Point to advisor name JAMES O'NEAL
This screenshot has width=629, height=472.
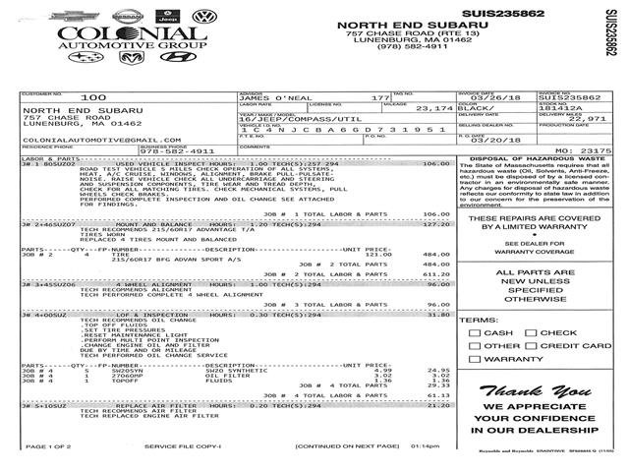pyautogui.click(x=275, y=98)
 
